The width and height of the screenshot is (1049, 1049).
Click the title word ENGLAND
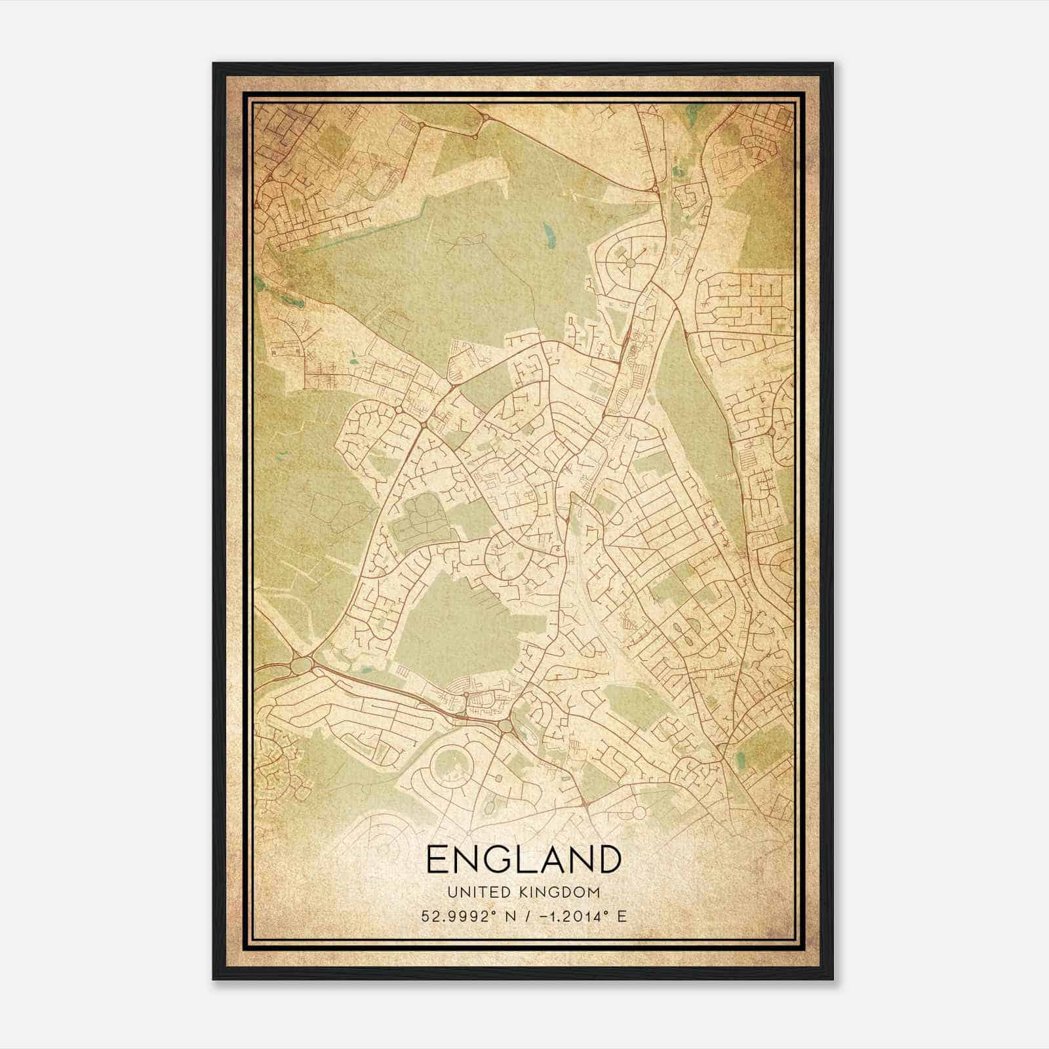click(523, 859)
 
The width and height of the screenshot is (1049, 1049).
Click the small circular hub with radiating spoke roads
click(629, 263)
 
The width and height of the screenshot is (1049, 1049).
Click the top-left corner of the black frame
click(214, 64)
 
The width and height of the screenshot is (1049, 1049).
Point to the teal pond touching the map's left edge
click(260, 284)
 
